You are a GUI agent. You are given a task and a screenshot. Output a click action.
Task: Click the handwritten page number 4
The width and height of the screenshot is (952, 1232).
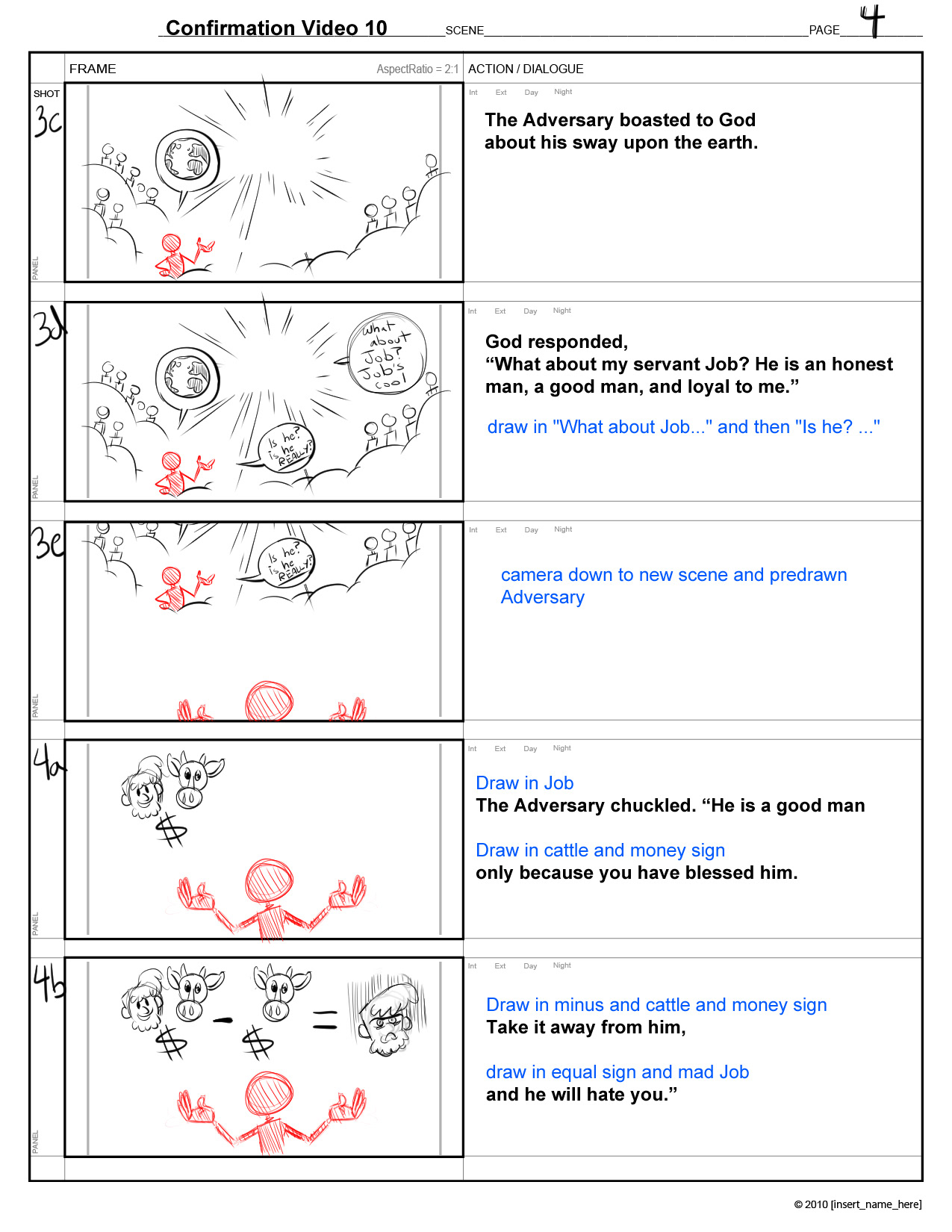point(872,21)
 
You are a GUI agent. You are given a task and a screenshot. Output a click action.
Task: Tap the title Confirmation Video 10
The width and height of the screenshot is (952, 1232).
point(276,28)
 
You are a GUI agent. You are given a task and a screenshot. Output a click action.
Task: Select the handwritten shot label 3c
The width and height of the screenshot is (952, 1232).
point(48,121)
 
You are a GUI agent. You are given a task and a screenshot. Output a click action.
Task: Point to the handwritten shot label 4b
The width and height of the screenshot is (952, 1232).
point(49,983)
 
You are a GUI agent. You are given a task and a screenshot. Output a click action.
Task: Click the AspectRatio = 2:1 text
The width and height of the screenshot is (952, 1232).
point(417,69)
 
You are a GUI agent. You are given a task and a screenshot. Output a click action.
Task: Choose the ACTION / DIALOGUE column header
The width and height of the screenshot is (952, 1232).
point(526,69)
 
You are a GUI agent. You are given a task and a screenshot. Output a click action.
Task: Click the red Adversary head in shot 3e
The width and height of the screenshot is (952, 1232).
point(269,701)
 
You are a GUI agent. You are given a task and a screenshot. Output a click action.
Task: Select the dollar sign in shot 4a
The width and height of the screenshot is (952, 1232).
point(171,830)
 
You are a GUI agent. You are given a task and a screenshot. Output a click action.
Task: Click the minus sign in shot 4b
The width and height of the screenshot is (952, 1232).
point(223,1021)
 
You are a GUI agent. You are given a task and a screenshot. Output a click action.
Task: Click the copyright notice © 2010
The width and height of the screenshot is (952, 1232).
point(857,1204)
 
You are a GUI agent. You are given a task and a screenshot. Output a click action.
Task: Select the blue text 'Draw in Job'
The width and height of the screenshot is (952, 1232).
point(524,783)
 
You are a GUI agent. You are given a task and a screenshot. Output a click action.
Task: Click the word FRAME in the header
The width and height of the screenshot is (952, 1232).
point(93,69)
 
